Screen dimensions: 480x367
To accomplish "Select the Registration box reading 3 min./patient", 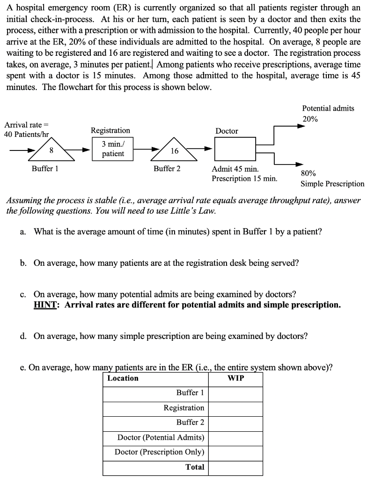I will tap(113, 149).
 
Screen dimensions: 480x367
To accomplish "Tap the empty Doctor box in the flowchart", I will tap(235, 150).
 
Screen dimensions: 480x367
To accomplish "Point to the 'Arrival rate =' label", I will tap(26, 125).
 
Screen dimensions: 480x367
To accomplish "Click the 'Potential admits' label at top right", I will tap(328, 108).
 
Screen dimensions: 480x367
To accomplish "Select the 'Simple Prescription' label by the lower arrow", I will tap(332, 184).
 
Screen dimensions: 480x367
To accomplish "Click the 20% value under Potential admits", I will tap(310, 119).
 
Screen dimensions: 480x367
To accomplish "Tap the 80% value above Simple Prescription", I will tap(308, 173).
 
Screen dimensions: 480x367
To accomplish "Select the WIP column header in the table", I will tap(235, 378).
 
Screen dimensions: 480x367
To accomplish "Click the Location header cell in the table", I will tap(123, 378).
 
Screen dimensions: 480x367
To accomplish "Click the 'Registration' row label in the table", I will tap(183, 408).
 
